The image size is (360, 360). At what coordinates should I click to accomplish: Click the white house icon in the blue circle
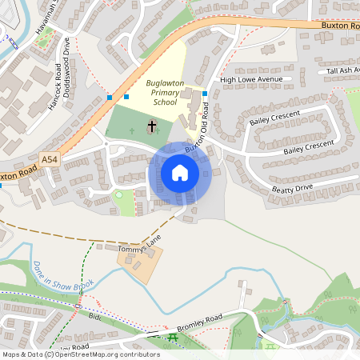coord(180,173)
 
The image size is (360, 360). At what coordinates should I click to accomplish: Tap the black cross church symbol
coord(152,126)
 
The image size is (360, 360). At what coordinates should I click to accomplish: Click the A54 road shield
coord(50,160)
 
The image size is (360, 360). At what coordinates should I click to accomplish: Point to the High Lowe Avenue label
coord(252,80)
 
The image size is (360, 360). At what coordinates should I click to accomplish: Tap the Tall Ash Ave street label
coord(342,70)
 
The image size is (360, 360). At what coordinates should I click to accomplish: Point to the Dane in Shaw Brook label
coord(62,276)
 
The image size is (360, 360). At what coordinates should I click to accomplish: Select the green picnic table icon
coord(174,338)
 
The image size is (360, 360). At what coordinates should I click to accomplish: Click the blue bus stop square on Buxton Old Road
coord(205,94)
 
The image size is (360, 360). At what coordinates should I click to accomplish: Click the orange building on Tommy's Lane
coord(139,262)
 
